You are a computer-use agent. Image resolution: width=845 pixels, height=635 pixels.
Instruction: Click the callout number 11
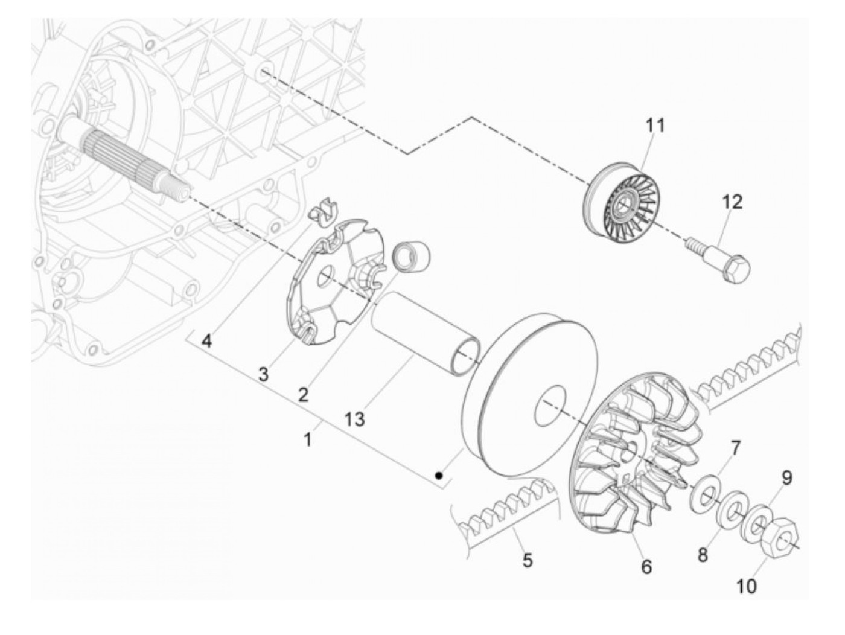click(655, 126)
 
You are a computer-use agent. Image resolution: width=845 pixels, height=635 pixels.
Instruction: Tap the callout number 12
click(732, 202)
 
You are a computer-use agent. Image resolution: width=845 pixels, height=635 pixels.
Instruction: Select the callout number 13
click(356, 418)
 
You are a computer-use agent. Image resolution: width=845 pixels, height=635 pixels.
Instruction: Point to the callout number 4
click(206, 342)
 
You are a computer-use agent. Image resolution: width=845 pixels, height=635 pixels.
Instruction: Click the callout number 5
click(527, 561)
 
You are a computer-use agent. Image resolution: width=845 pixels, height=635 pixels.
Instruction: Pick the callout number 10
click(747, 585)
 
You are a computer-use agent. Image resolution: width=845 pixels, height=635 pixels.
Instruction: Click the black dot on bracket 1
click(441, 476)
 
